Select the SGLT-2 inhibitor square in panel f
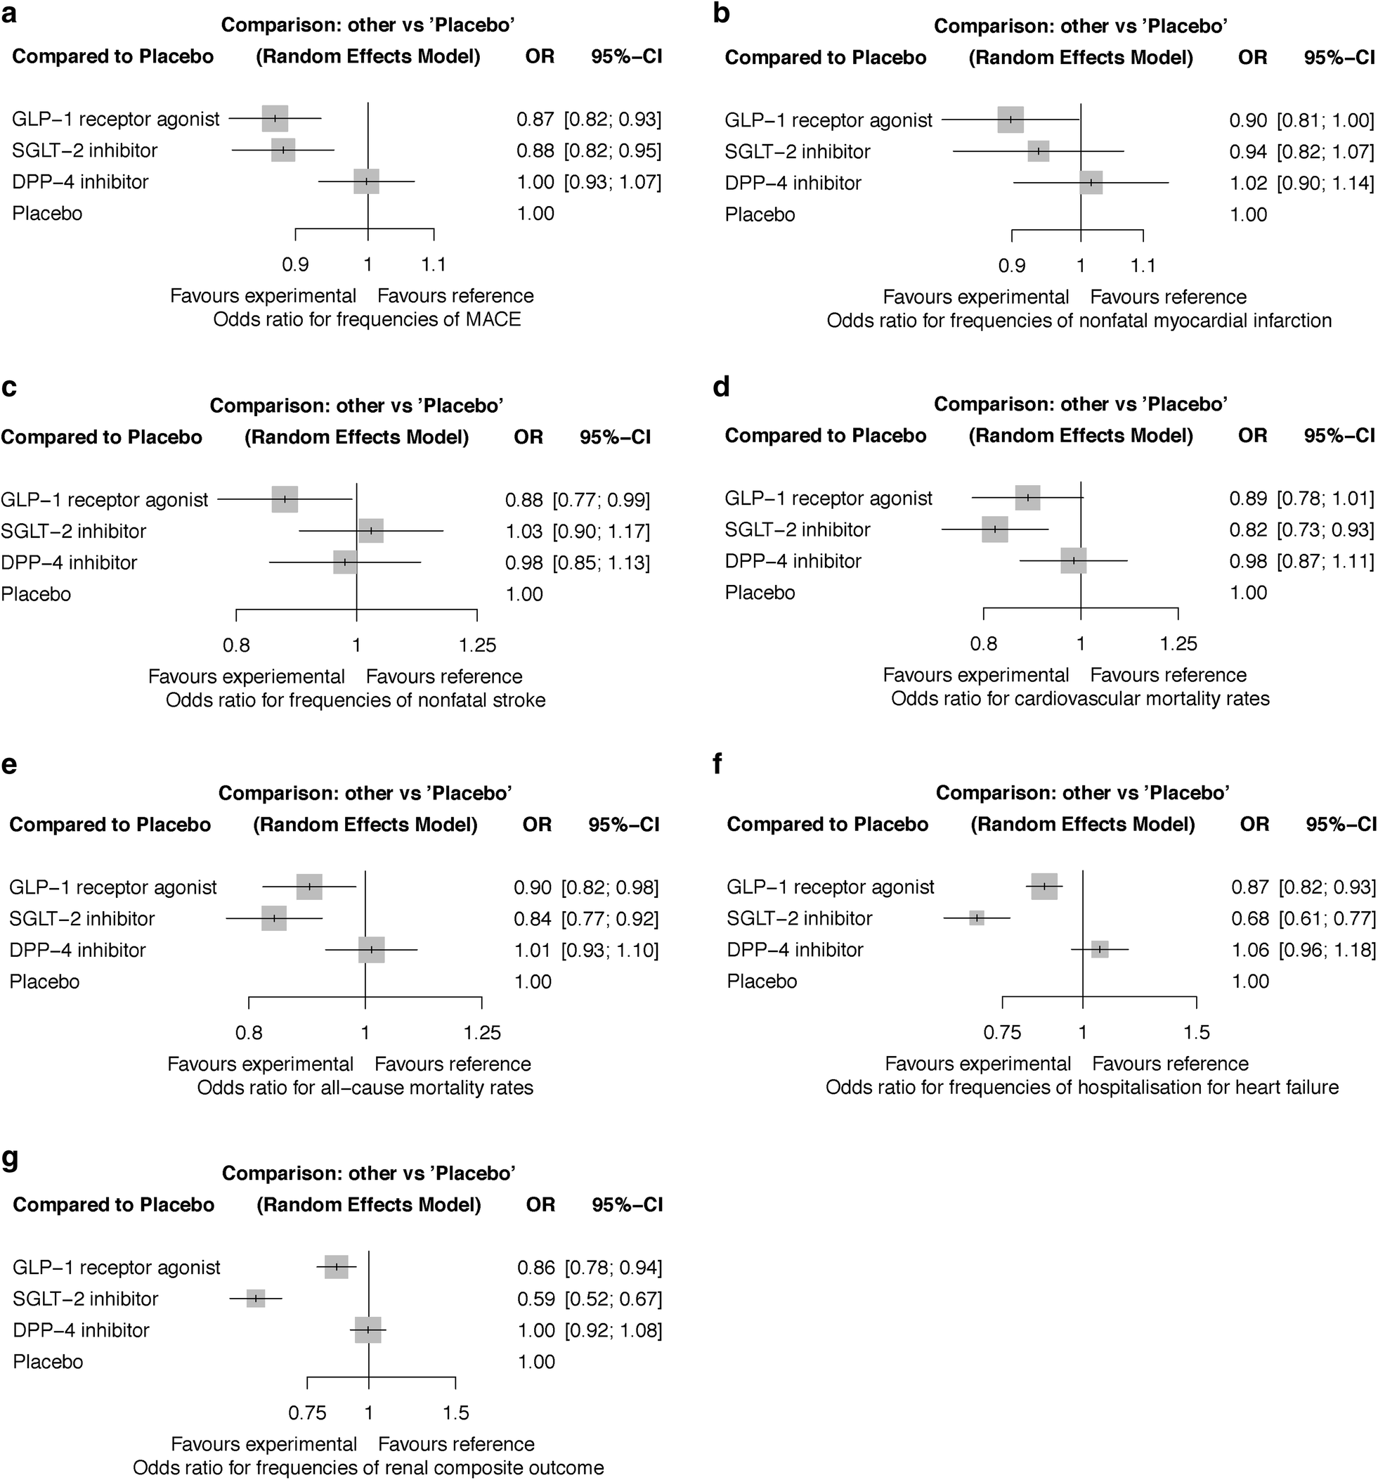coord(976,918)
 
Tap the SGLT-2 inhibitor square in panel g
coord(256,1299)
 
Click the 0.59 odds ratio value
coord(535,1299)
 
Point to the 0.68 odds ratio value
coord(1250,919)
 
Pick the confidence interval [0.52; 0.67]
coord(613,1299)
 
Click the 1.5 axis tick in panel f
coord(1197,1033)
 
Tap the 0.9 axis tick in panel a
coord(295,265)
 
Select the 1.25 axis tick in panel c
coord(477,645)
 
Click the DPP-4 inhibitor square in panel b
coord(1091,182)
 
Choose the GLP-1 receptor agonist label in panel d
coord(828,498)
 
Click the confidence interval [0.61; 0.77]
coord(1327,919)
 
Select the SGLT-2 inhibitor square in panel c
coord(370,531)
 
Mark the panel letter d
coord(720,387)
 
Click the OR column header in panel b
coord(1252,58)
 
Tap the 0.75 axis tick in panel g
coord(307,1413)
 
